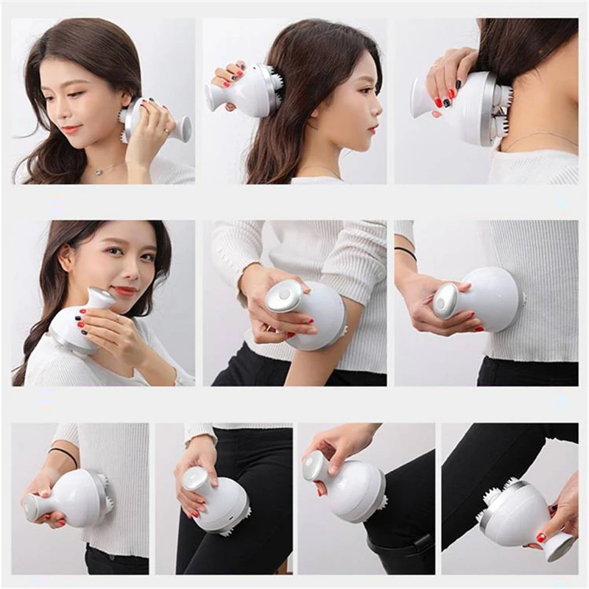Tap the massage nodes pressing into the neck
502,110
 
